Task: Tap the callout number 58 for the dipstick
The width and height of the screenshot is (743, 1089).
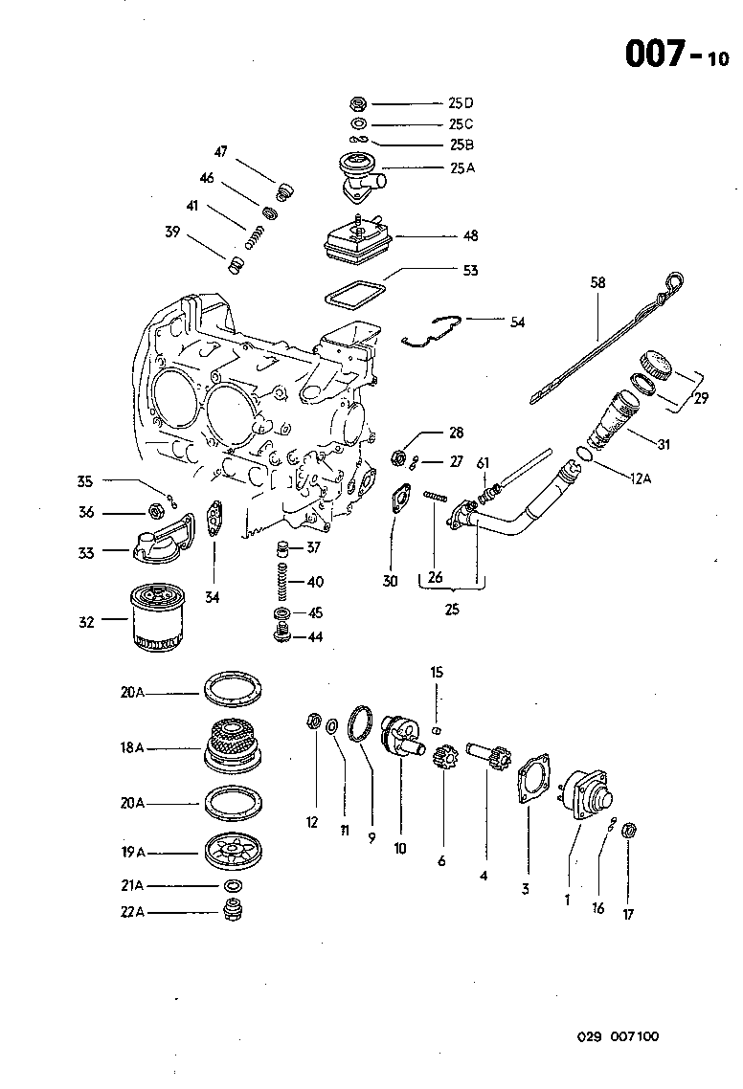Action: [598, 282]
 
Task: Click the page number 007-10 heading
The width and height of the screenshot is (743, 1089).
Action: [676, 55]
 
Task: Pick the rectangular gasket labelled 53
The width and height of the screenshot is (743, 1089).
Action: [353, 293]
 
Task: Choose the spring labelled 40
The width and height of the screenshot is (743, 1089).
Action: [283, 581]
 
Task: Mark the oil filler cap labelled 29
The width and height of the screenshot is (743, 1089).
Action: [656, 365]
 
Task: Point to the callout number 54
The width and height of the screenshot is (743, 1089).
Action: [517, 322]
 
